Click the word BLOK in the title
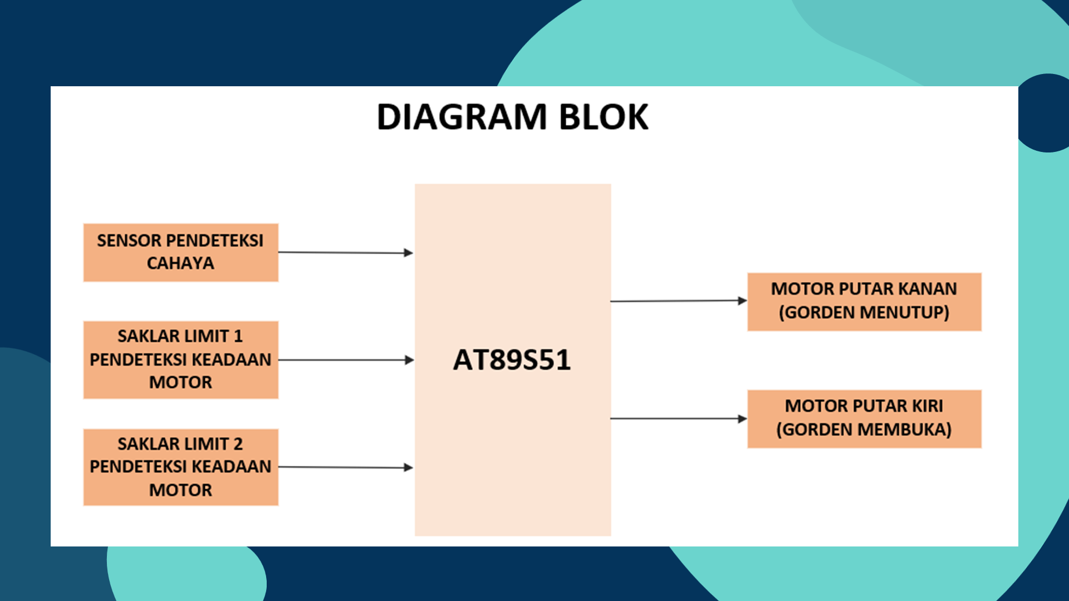pyautogui.click(x=604, y=117)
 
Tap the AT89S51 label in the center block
pyautogui.click(x=512, y=360)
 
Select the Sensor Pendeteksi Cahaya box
pyautogui.click(x=180, y=252)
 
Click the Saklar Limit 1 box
pyautogui.click(x=180, y=359)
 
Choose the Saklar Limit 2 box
pyautogui.click(x=180, y=467)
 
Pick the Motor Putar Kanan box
pyautogui.click(x=864, y=302)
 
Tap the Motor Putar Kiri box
pyautogui.click(x=864, y=418)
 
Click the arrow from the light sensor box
pyautogui.click(x=345, y=253)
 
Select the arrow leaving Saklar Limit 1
pyautogui.click(x=345, y=360)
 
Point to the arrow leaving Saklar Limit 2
pyautogui.click(x=345, y=467)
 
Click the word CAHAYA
pyautogui.click(x=180, y=263)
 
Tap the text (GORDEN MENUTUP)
pyautogui.click(x=864, y=313)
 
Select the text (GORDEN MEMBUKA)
pyautogui.click(x=864, y=430)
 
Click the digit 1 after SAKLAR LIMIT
pyautogui.click(x=238, y=336)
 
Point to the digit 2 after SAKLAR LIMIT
pyautogui.click(x=238, y=444)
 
